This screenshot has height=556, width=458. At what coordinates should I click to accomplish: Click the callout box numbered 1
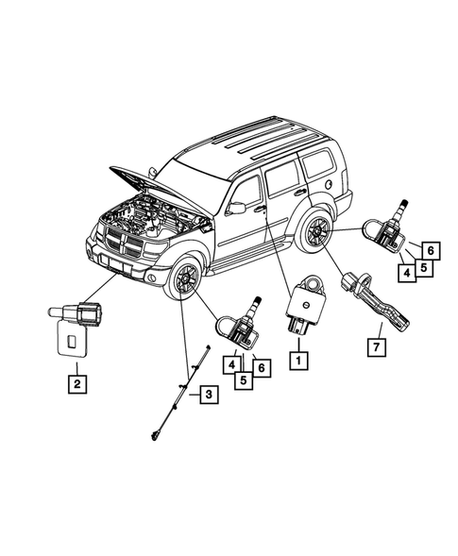[298, 359]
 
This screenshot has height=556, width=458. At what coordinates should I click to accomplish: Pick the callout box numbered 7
[376, 347]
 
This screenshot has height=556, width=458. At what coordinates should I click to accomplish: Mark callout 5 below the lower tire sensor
[243, 379]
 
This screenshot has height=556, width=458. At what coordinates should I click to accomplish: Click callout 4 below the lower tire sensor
[230, 363]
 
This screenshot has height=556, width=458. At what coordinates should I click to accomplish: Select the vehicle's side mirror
[236, 207]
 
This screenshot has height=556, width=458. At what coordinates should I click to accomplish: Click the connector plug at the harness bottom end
[154, 435]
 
